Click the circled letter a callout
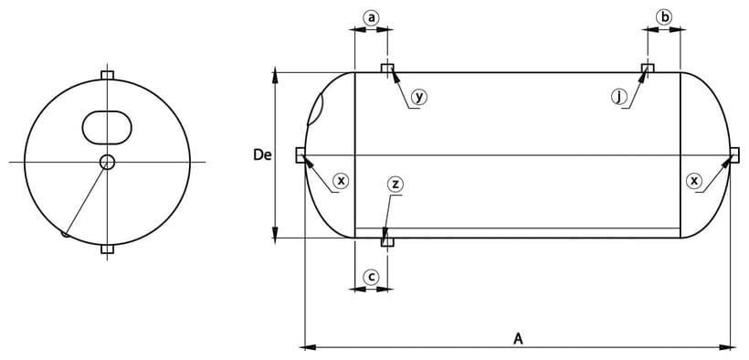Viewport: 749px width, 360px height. pos(371,18)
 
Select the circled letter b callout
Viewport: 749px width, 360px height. pos(663,17)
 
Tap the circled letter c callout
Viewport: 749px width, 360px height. pos(371,277)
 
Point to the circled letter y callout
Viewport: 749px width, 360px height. pos(419,97)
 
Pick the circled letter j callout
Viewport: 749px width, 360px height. pos(618,97)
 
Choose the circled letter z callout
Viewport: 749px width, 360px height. pos(395,185)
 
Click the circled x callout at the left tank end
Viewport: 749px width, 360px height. pos(341,181)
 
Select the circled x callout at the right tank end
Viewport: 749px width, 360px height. pos(694,181)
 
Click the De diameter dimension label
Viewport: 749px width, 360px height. pos(262,155)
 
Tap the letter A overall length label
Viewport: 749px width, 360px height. pos(518,339)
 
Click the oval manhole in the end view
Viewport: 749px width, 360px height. pos(107,128)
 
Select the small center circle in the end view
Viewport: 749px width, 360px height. pos(107,162)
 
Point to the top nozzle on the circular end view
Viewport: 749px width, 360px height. pos(108,76)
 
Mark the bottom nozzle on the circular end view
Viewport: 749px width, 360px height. pos(108,249)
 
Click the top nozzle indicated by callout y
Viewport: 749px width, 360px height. pos(387,68)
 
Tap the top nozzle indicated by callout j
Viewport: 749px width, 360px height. pos(648,68)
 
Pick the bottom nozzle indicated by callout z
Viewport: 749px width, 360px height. pos(387,242)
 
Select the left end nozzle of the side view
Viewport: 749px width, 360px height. pos(301,155)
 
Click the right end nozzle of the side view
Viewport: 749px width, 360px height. pos(734,155)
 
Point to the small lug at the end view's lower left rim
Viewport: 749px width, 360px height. pos(65,234)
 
